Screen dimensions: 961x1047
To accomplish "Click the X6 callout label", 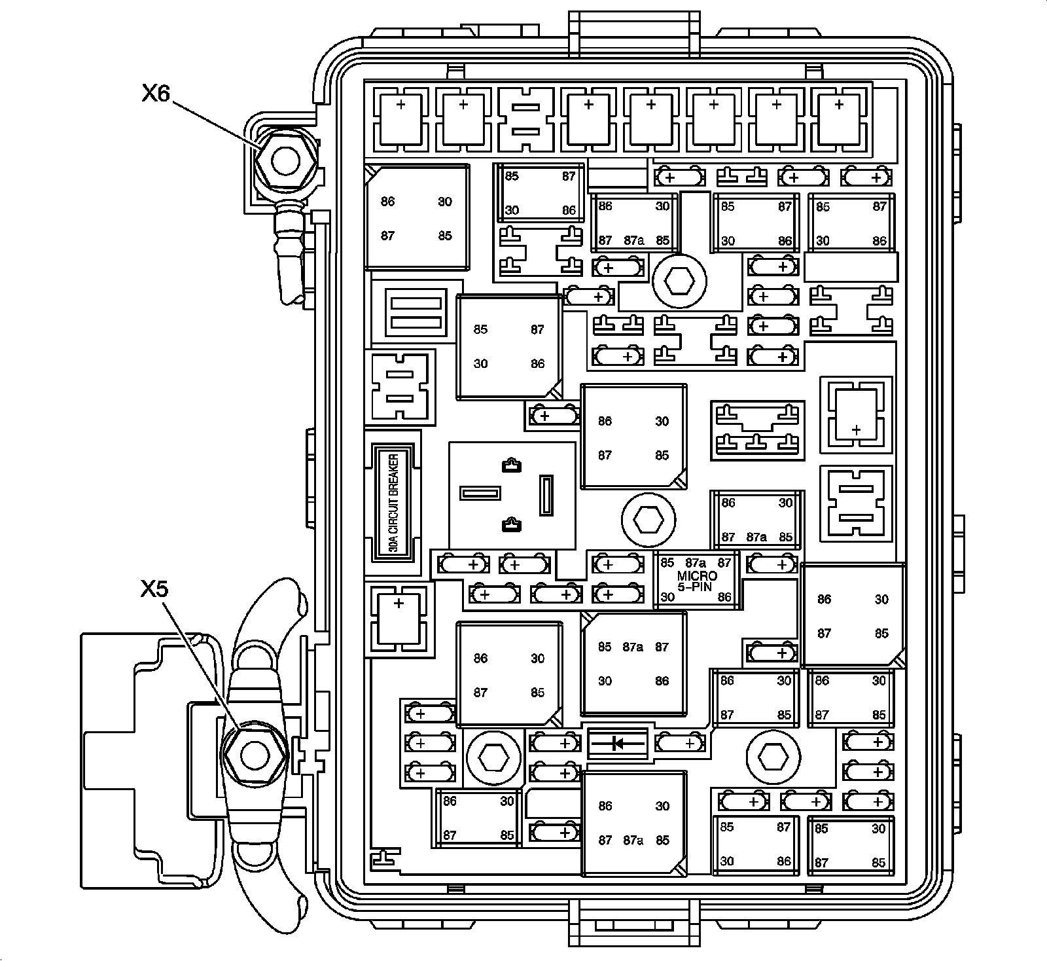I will [156, 94].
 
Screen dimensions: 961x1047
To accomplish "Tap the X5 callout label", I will [154, 589].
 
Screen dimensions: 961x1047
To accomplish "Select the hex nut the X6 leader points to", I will [285, 160].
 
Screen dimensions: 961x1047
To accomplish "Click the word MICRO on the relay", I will [698, 575].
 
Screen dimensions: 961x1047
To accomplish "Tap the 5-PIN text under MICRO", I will [698, 587].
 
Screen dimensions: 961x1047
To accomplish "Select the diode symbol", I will [617, 742].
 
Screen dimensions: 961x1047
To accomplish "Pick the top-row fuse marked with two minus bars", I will [525, 118].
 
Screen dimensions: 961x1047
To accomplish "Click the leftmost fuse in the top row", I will [400, 118].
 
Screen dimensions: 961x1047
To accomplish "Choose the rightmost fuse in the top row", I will [839, 118].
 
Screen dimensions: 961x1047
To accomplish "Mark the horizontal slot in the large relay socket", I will [480, 492].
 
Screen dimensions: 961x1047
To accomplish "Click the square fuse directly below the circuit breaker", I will [399, 618].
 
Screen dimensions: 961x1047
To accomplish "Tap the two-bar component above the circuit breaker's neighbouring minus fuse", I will [414, 313].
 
